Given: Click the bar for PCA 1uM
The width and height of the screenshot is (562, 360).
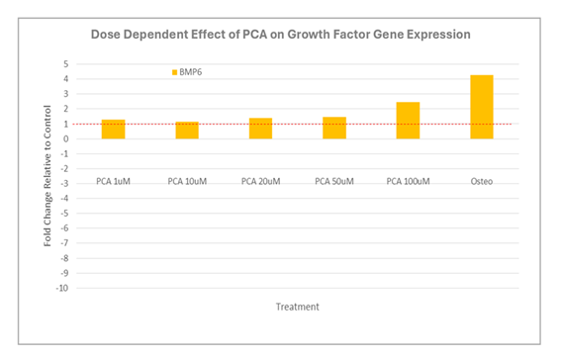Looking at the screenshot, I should point(114,129).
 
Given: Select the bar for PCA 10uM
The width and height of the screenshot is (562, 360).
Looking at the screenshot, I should point(187,130).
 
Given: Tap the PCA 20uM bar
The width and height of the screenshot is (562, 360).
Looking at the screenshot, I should point(260,128).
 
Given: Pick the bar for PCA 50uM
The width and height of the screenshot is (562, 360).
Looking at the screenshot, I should point(334,128).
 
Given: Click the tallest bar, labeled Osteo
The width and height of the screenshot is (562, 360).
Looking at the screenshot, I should point(481,107).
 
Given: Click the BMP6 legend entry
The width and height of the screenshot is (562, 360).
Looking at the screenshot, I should point(192,72).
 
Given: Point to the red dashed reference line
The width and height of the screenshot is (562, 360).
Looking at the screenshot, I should point(297,124).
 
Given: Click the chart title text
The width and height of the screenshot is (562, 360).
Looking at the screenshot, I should point(280,34).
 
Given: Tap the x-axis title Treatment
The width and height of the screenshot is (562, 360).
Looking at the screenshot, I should point(297,307).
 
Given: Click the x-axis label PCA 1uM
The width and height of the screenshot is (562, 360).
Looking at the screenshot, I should point(114,181).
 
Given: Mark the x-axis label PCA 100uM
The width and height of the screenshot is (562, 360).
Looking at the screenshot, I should point(408,181).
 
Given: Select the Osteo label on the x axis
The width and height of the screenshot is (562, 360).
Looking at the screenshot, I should point(481,181).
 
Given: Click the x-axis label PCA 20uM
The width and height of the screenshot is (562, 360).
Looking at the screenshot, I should point(260,181).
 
